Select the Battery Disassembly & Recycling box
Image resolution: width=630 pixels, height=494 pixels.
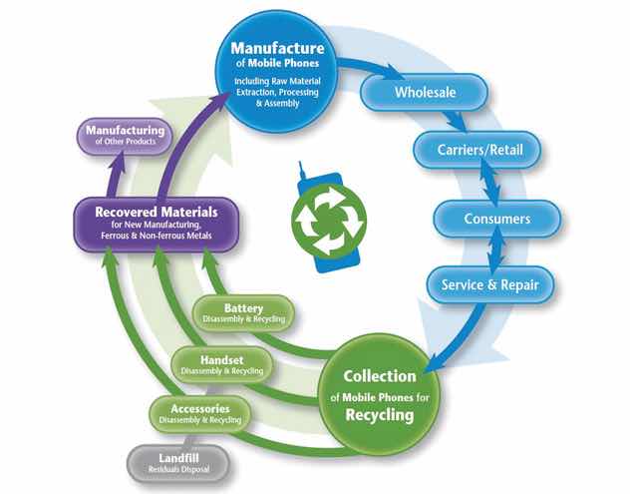tap(243, 313)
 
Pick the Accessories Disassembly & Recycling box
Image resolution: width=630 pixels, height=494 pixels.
tap(198, 413)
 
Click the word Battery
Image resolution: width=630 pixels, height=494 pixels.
tap(243, 307)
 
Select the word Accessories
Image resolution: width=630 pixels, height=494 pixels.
tap(198, 407)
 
